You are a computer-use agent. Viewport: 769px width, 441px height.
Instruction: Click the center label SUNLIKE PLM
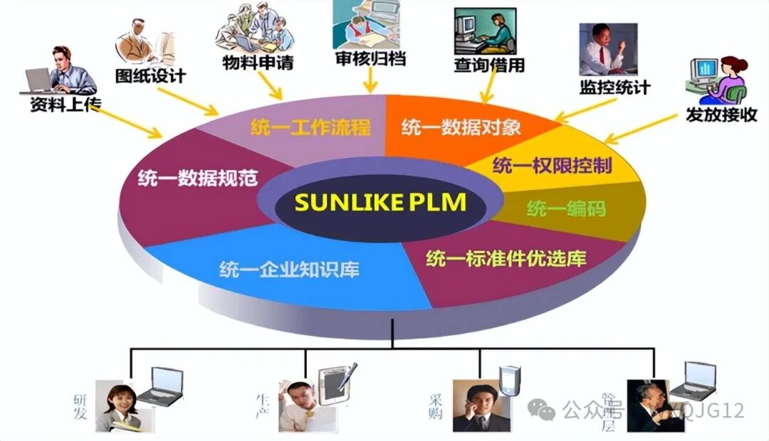(x=380, y=202)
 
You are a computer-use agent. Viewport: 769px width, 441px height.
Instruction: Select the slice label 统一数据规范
(x=187, y=178)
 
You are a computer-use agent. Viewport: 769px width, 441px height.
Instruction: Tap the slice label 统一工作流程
(x=310, y=127)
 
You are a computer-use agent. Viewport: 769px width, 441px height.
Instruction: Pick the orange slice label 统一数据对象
(x=461, y=128)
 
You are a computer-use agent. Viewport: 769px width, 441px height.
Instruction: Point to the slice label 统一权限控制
(x=552, y=166)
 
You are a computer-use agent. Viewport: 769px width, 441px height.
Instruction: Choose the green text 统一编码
(x=566, y=208)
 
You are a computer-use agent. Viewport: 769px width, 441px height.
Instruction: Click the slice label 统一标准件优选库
(x=506, y=259)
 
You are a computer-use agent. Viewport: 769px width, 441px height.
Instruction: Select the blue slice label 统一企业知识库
(x=289, y=270)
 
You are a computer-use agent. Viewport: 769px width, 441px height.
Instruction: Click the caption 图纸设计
(x=150, y=75)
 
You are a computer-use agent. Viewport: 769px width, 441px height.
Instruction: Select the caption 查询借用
(x=489, y=65)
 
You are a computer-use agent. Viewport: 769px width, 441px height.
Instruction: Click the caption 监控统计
(x=614, y=87)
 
